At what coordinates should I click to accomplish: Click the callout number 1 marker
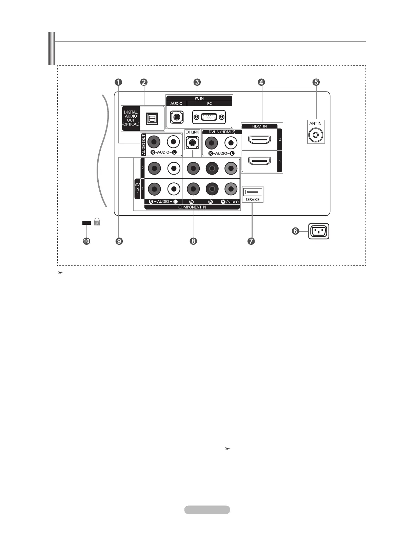(118, 82)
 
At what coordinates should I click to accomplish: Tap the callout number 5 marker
(316, 82)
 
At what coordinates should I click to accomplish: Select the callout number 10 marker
(86, 241)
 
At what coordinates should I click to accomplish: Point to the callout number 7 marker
(251, 241)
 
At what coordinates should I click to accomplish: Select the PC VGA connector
(209, 117)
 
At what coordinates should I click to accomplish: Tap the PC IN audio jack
(176, 117)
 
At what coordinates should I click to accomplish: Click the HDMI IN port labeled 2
(259, 140)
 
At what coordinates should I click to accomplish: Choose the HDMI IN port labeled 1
(259, 161)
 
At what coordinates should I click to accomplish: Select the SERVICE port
(253, 192)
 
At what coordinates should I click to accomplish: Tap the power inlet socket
(319, 232)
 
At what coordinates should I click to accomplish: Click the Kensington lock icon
(97, 222)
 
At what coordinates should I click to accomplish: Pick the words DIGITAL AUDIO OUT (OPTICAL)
(131, 118)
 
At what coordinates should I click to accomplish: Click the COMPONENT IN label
(192, 207)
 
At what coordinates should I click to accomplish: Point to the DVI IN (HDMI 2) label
(222, 132)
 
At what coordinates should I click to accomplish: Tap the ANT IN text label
(315, 123)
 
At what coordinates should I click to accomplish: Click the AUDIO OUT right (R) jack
(154, 142)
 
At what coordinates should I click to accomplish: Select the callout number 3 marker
(197, 82)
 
